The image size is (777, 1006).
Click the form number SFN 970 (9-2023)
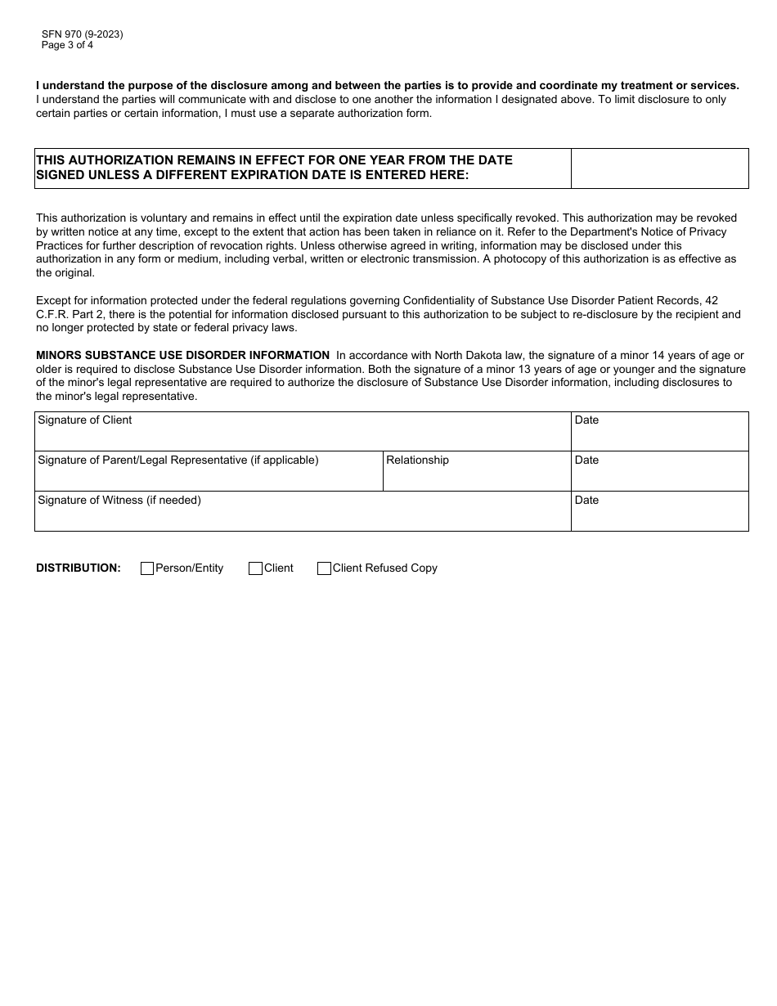[x=82, y=34]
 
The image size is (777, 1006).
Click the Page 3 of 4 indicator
[x=67, y=45]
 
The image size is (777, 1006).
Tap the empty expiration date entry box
[x=659, y=168]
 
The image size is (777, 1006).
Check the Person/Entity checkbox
[x=147, y=568]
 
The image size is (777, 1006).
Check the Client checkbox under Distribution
[x=255, y=568]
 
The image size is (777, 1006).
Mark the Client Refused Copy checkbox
[x=324, y=568]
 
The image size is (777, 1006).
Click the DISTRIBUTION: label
[x=79, y=568]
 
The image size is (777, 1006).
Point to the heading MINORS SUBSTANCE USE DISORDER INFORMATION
[x=182, y=355]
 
